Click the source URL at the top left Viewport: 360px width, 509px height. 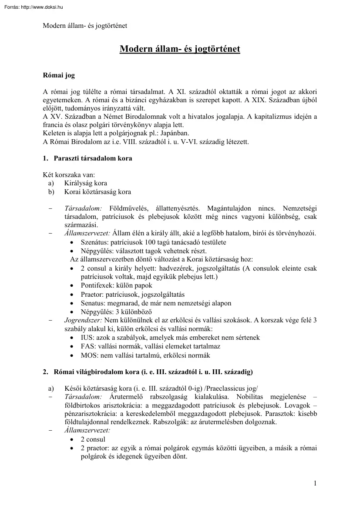(x=32, y=7)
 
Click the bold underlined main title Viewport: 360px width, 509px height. (x=180, y=49)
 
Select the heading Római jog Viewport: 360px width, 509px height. (x=59, y=75)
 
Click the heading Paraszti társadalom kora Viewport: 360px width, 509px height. (x=93, y=158)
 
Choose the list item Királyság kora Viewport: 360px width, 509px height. (x=85, y=183)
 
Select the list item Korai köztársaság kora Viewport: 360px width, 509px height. (x=98, y=191)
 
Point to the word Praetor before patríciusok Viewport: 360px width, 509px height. (x=92, y=294)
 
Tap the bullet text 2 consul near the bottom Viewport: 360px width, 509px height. (x=93, y=439)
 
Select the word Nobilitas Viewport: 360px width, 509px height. (x=251, y=397)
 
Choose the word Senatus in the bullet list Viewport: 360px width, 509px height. (x=93, y=303)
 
